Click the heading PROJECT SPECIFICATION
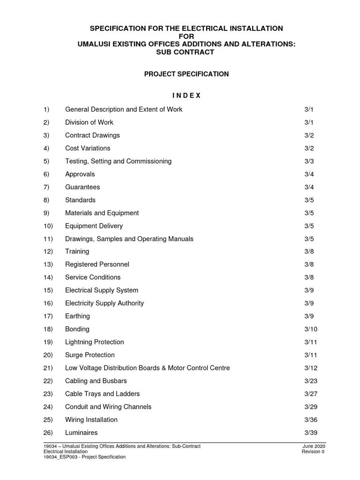pyautogui.click(x=186, y=74)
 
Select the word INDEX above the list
pyautogui.click(x=186, y=96)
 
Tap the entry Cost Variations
pyautogui.click(x=88, y=148)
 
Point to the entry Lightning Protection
pyautogui.click(x=95, y=342)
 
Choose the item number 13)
pyautogui.click(x=46, y=264)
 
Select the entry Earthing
pyautogui.click(x=77, y=316)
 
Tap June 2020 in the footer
pyautogui.click(x=314, y=446)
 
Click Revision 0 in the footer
pyautogui.click(x=313, y=452)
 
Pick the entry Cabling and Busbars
pyautogui.click(x=96, y=381)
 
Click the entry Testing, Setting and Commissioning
pyautogui.click(x=118, y=161)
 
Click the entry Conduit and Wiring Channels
pyautogui.click(x=108, y=407)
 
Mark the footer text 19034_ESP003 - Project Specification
pyautogui.click(x=84, y=457)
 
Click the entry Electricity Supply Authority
pyautogui.click(x=105, y=303)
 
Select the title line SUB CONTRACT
pyautogui.click(x=186, y=52)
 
